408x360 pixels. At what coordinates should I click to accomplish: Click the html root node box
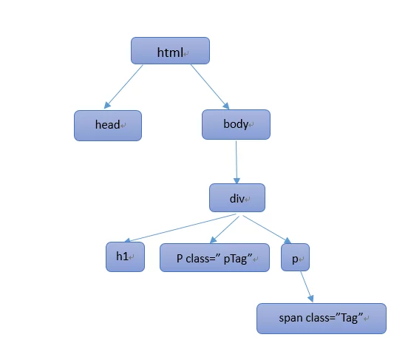(x=170, y=50)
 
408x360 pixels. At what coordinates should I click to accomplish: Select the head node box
(x=108, y=126)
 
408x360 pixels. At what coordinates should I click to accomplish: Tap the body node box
(x=236, y=124)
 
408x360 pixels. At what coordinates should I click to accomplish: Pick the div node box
(x=237, y=197)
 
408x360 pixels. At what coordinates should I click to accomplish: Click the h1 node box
(x=125, y=257)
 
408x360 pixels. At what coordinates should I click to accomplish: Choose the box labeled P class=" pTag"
(x=214, y=257)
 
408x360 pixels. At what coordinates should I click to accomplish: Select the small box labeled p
(x=295, y=257)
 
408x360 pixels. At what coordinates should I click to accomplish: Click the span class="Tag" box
(x=322, y=319)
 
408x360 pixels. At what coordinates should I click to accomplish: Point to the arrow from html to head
(x=123, y=86)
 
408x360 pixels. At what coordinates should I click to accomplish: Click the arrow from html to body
(x=210, y=86)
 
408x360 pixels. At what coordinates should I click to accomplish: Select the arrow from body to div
(x=237, y=163)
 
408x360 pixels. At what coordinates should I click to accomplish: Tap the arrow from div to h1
(x=180, y=228)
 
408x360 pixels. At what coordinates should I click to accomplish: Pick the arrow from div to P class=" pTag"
(x=224, y=229)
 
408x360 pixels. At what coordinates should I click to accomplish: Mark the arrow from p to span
(x=307, y=287)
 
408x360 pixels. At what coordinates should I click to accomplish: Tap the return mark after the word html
(x=186, y=54)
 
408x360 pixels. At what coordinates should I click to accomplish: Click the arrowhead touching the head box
(x=107, y=105)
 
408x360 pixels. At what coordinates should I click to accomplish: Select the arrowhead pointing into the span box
(x=310, y=299)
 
